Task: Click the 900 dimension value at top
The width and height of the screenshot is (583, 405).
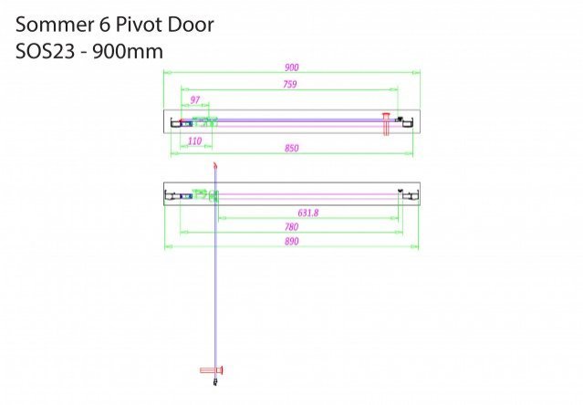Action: (x=292, y=67)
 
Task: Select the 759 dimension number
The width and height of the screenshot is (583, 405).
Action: (x=289, y=84)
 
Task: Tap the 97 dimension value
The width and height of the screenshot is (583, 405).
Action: (x=195, y=100)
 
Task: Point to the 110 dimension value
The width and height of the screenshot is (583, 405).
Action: (x=195, y=141)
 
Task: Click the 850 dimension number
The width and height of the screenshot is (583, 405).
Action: (x=292, y=149)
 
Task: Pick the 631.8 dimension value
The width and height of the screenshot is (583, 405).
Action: (x=308, y=213)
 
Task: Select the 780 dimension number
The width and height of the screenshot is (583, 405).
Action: (x=292, y=226)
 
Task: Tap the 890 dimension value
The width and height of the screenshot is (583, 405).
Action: (x=292, y=241)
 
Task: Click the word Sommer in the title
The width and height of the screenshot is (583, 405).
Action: (x=54, y=25)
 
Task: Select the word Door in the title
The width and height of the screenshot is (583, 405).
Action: (x=191, y=25)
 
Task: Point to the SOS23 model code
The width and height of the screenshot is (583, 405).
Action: (x=45, y=51)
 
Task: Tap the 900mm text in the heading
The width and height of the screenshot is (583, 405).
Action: (x=128, y=51)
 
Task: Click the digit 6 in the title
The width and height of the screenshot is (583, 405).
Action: (x=105, y=25)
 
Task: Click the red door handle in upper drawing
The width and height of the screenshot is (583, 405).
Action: (x=386, y=124)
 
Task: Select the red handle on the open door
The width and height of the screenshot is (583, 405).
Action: (x=212, y=370)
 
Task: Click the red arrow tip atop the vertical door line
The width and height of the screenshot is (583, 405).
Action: (x=215, y=164)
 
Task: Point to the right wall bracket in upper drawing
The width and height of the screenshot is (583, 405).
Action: (x=407, y=122)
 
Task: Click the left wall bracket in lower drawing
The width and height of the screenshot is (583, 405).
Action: (x=171, y=195)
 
